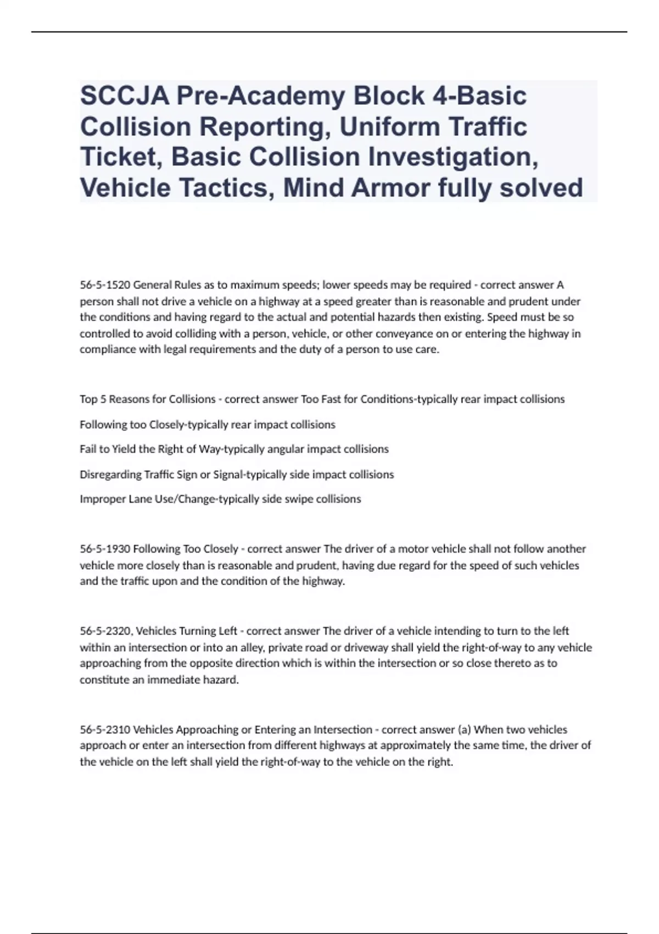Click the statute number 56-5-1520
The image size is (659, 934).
(105, 285)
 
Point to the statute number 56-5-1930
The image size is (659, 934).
(105, 549)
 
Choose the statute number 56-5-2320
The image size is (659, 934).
(105, 631)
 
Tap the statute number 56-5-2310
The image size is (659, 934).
(105, 730)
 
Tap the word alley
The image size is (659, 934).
(252, 647)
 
